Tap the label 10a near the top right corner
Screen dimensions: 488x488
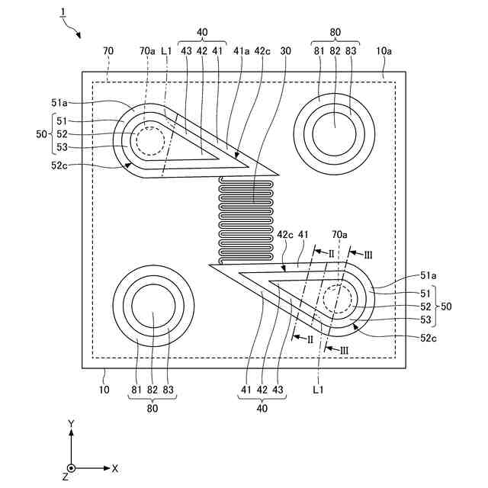(384, 50)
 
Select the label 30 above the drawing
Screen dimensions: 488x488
(286, 50)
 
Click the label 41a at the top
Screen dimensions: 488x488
(241, 50)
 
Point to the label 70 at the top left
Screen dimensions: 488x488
(108, 50)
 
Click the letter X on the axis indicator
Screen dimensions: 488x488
(115, 468)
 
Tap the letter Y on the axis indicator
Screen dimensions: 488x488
(71, 422)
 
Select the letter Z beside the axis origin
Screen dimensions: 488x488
(66, 477)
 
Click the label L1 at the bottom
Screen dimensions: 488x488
(319, 390)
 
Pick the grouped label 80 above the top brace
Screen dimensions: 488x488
(335, 33)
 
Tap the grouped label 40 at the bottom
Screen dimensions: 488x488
(262, 408)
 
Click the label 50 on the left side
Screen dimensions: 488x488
(41, 133)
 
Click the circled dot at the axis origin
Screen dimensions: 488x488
(71, 468)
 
